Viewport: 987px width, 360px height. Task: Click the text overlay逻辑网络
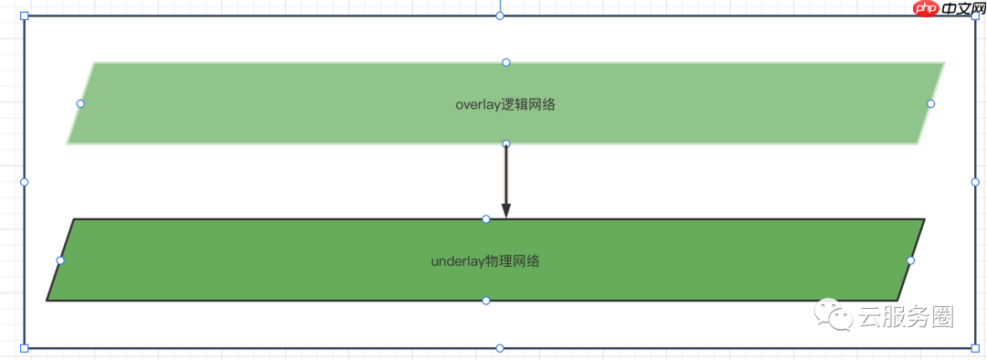[505, 104]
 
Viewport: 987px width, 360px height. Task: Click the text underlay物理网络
[485, 261]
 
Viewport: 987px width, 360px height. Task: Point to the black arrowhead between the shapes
[505, 210]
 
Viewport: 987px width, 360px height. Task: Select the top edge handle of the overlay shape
[505, 62]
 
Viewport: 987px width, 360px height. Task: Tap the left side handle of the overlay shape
[80, 103]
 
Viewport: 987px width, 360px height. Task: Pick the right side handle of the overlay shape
[930, 103]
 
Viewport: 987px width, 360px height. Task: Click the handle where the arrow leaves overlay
[505, 143]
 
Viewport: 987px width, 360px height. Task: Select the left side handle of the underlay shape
[60, 260]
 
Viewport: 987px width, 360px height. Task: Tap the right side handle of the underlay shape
[910, 260]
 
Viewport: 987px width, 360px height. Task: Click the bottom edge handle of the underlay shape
[485, 301]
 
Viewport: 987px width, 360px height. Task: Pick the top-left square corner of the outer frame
[25, 16]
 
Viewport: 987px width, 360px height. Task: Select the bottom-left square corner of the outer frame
[25, 348]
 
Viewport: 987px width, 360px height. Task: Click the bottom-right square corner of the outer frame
[974, 348]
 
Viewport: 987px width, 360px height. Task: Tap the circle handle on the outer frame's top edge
[499, 16]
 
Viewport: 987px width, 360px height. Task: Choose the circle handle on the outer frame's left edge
[25, 182]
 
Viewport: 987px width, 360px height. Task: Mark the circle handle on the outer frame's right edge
[974, 182]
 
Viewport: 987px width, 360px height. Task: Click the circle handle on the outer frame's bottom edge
[499, 348]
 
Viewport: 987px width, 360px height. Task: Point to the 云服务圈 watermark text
[906, 317]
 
